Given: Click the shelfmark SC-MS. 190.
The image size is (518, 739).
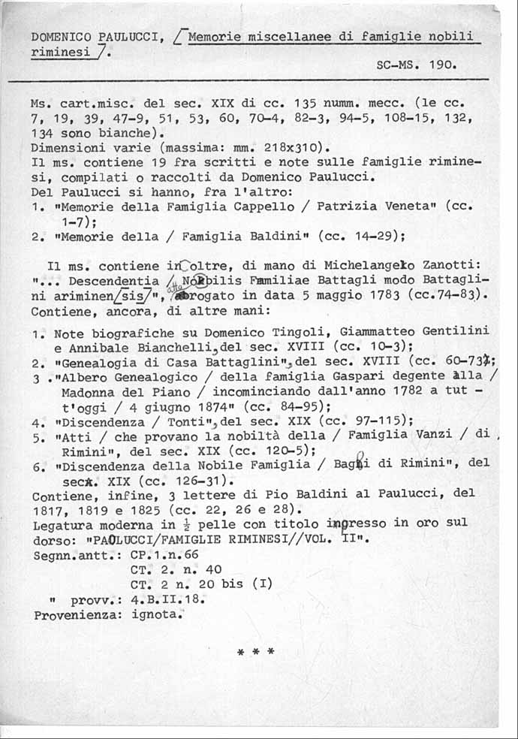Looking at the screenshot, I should click(416, 65).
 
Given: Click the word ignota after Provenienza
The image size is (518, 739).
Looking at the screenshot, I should click(157, 614).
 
